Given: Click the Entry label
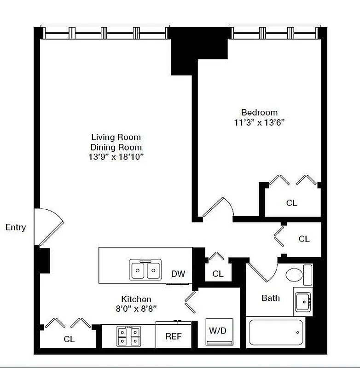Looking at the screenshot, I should tap(16, 227).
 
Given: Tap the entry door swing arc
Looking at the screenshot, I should tap(52, 225).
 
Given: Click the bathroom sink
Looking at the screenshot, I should tap(302, 301).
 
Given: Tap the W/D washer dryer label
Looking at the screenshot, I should tap(217, 331).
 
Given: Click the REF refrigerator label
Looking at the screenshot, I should tap(174, 336).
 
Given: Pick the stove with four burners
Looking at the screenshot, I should tap(128, 336).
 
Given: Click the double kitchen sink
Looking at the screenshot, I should tap(145, 270).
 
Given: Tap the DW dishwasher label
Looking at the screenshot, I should tap(178, 274).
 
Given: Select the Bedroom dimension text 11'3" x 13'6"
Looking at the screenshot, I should tap(260, 122).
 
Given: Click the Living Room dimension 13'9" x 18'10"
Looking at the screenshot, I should tap(116, 157).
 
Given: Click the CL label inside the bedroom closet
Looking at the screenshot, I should tap(291, 203).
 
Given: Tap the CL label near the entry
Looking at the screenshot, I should tap(69, 339).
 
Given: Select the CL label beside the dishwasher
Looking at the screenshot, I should tap(218, 274).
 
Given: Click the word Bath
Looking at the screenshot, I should tap(270, 298).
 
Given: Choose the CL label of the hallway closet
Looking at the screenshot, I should tap(304, 239).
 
